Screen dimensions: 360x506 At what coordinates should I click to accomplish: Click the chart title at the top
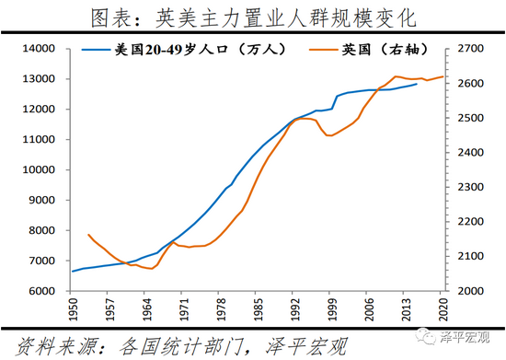click(253, 17)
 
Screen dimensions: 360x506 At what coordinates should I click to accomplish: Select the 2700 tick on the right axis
click(464, 49)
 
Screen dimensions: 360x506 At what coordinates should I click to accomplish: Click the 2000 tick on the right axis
click(464, 291)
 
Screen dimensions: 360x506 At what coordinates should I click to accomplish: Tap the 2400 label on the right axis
click(464, 153)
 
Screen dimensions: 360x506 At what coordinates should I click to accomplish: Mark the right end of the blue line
click(417, 84)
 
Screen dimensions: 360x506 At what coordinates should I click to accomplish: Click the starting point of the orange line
click(88, 235)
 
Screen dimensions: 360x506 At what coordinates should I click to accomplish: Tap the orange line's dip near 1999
click(330, 135)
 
